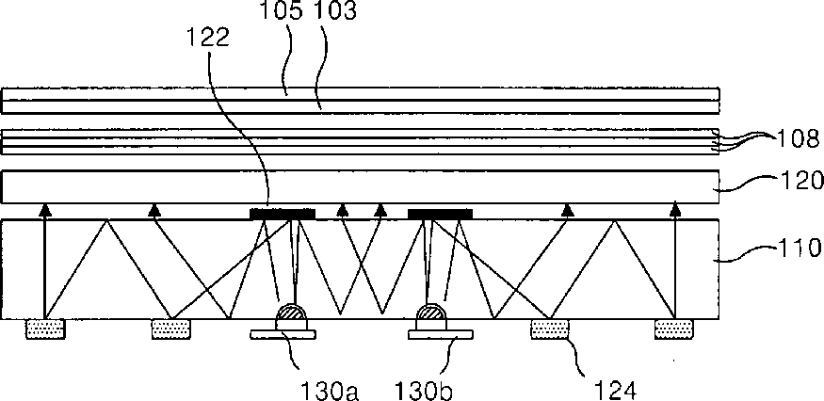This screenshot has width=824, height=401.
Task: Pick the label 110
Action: click(x=790, y=252)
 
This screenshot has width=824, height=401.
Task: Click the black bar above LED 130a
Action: click(x=282, y=214)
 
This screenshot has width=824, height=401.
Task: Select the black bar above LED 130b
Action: click(x=440, y=214)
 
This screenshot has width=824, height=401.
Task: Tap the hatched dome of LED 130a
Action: click(x=291, y=314)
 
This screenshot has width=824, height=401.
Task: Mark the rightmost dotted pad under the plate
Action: click(x=673, y=329)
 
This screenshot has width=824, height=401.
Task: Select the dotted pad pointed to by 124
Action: click(x=550, y=329)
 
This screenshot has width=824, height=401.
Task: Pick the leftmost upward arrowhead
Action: click(x=43, y=211)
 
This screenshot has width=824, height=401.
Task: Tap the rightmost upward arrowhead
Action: click(x=674, y=211)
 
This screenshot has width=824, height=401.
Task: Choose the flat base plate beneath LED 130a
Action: click(x=283, y=333)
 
